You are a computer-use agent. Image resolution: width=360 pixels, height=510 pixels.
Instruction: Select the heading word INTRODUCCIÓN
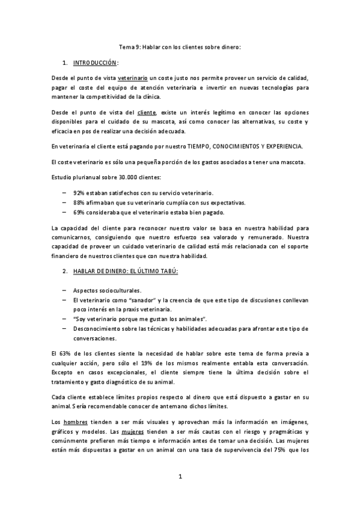tap(95, 63)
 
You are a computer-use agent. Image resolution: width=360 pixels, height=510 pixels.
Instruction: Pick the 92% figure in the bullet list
tap(78, 192)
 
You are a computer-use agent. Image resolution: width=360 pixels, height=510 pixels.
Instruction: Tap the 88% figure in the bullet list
tap(78, 203)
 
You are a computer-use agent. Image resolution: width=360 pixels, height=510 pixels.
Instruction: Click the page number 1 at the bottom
tap(179, 477)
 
